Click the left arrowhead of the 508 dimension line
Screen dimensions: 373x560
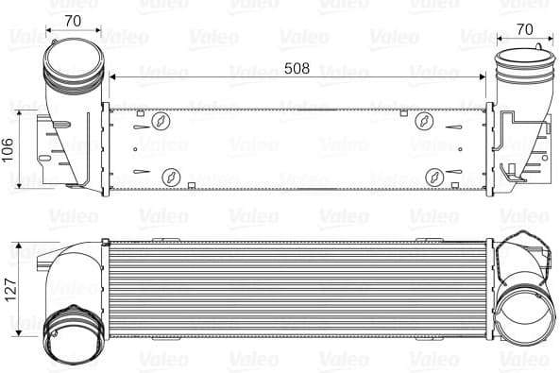113,76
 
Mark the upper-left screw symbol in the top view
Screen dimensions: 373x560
161,120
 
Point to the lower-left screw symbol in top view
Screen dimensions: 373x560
172,175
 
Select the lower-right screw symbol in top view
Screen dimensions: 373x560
434,175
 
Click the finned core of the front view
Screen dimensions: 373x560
297,288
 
